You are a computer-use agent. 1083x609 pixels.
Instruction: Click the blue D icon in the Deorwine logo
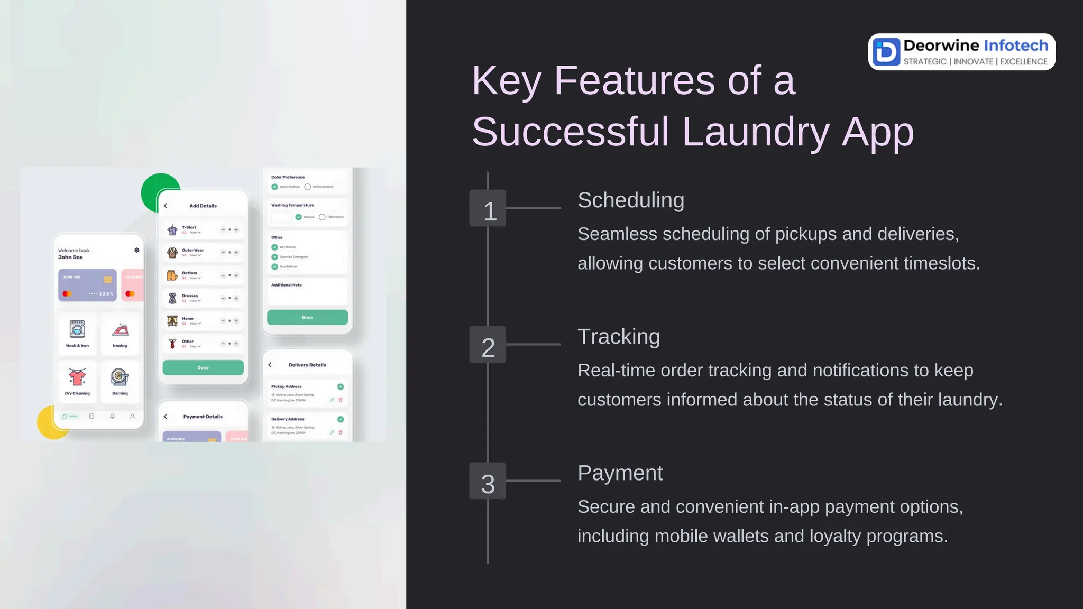click(886, 52)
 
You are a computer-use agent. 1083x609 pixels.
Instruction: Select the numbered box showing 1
click(488, 208)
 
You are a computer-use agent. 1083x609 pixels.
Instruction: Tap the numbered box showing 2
click(488, 345)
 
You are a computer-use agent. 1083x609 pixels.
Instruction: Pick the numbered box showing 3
click(488, 481)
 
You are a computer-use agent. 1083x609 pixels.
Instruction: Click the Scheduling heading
click(630, 200)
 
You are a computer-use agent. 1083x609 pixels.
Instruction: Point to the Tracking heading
click(619, 337)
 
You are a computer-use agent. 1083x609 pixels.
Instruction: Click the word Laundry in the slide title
click(756, 132)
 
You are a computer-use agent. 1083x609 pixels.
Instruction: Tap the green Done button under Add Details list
click(203, 367)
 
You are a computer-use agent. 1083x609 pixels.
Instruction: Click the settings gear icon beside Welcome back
click(137, 250)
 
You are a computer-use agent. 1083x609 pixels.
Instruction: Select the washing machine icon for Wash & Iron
click(77, 329)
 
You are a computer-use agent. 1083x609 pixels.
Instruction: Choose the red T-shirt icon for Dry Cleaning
click(77, 377)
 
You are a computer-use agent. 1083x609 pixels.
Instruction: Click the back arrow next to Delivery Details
click(270, 365)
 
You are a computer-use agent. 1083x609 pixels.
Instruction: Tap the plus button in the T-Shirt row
click(236, 230)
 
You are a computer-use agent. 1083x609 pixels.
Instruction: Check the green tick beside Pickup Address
click(341, 386)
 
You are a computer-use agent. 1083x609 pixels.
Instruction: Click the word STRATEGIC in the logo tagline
click(925, 62)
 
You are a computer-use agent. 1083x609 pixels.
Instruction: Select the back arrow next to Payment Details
click(166, 417)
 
